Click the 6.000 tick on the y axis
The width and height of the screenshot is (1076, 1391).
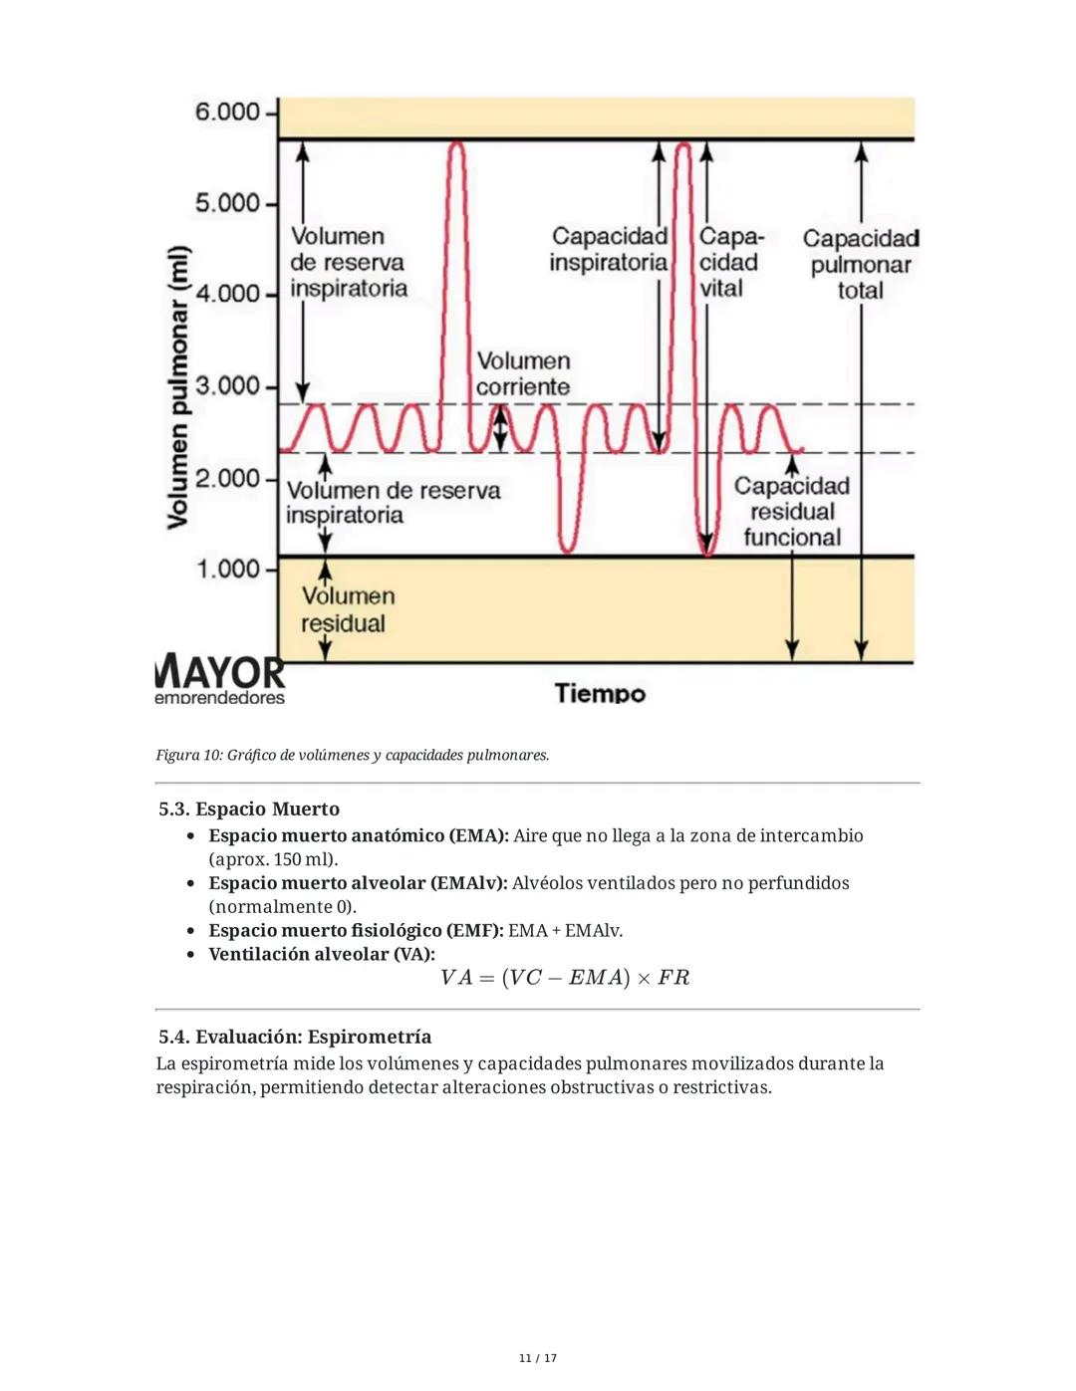tap(227, 112)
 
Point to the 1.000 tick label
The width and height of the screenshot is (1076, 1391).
tap(228, 570)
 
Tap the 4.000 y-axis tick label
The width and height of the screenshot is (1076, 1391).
tap(228, 294)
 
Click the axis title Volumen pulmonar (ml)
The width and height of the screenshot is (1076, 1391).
tap(178, 386)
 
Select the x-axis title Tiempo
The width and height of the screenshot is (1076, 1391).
tap(600, 693)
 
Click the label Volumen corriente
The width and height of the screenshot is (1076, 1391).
tap(523, 374)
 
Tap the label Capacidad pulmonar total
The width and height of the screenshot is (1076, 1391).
tap(861, 265)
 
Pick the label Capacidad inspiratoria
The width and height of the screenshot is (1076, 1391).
tap(609, 250)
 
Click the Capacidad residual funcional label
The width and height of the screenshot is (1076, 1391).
tap(792, 512)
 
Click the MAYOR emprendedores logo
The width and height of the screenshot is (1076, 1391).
tap(220, 681)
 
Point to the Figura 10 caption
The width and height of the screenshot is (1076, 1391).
tap(353, 756)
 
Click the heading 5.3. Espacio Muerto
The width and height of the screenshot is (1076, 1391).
tap(249, 810)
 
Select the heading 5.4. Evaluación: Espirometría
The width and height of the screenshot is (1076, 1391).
tap(295, 1038)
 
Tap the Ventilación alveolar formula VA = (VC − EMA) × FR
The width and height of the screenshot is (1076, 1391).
tap(565, 978)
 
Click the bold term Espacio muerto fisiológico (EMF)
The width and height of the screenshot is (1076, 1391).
tap(356, 931)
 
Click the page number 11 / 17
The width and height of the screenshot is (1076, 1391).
tap(538, 1358)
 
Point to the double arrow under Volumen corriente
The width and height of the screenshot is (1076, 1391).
tap(501, 429)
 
